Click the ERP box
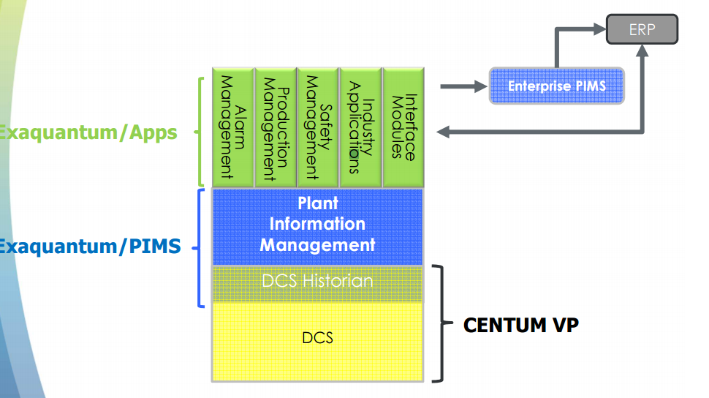point(642,30)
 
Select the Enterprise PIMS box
point(557,86)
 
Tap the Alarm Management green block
point(232,127)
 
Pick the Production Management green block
point(275,127)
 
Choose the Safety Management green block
point(317,127)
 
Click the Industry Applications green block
point(360,127)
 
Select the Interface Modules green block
point(403,127)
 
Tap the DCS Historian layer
point(317,281)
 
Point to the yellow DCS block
point(317,338)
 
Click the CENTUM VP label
point(520,324)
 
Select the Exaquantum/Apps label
point(88,132)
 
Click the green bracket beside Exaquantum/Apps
point(200,132)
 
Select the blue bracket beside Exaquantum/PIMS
point(200,248)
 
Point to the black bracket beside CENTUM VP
point(440,323)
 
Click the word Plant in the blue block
point(318,203)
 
